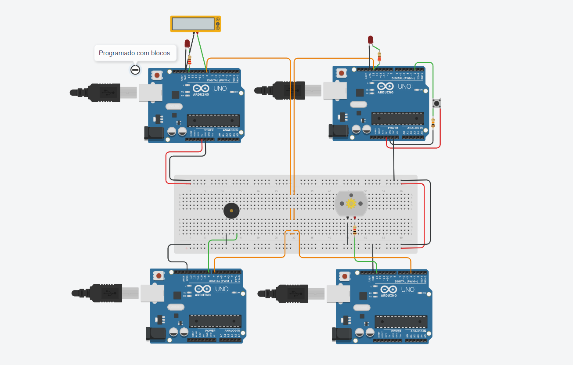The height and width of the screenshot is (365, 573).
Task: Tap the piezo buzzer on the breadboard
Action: click(231, 211)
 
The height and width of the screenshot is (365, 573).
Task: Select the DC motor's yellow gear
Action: click(350, 203)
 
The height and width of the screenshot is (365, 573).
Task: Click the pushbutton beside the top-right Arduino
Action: click(436, 104)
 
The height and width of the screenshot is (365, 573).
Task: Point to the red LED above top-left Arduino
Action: click(187, 43)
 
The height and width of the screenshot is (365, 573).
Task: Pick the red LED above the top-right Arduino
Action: click(371, 40)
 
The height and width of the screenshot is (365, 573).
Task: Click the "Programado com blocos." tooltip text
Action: click(135, 53)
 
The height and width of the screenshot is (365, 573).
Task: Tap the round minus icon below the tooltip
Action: click(135, 69)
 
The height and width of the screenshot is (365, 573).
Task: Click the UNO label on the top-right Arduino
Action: click(404, 86)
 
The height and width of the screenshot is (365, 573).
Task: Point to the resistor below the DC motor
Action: click(355, 230)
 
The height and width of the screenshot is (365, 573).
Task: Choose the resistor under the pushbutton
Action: click(433, 123)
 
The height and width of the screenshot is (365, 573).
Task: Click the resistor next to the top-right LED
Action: click(379, 57)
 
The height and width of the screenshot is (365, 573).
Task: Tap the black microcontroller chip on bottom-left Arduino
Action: click(215, 321)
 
